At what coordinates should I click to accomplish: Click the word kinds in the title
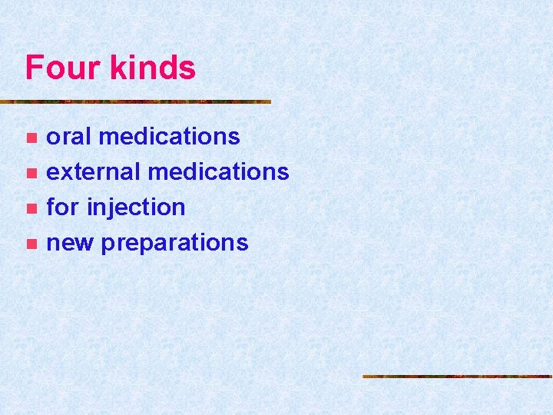point(154,68)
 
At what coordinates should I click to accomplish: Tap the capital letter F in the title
point(33,68)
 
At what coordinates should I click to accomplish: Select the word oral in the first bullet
point(69,136)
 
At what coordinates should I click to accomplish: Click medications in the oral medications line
point(169,136)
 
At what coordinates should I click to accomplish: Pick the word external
point(94,171)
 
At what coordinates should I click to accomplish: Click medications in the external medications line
point(218,171)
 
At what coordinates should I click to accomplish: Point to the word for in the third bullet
point(63,207)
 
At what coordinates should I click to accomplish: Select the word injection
point(136,207)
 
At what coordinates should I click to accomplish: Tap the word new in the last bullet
point(70,243)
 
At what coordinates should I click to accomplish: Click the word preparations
point(174,243)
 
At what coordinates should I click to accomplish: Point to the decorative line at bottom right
point(457,377)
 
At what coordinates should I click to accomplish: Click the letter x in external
point(65,172)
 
